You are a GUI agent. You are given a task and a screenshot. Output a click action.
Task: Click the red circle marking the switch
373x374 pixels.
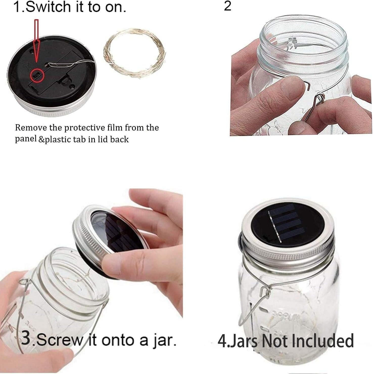37,75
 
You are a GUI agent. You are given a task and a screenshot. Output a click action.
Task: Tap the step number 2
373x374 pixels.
227,6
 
